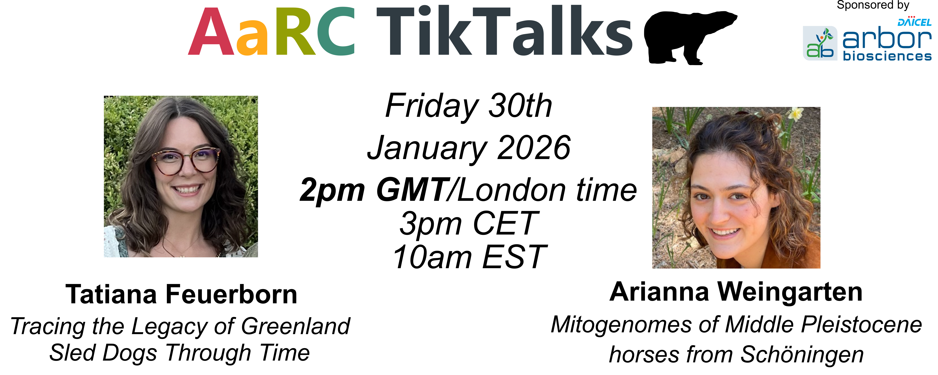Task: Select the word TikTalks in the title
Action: (504, 32)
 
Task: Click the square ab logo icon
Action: (820, 43)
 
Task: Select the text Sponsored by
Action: (873, 5)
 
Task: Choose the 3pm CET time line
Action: (469, 223)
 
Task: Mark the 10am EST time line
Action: (469, 257)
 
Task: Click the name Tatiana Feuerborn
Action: (181, 294)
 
